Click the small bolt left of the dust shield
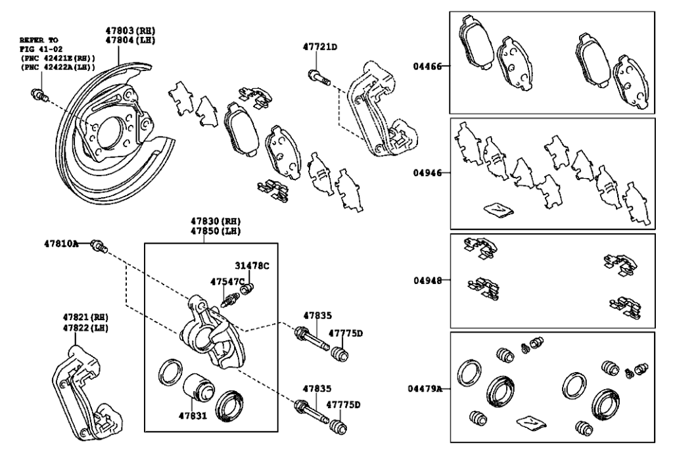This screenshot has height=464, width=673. point(40,98)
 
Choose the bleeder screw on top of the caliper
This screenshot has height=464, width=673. point(232,300)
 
